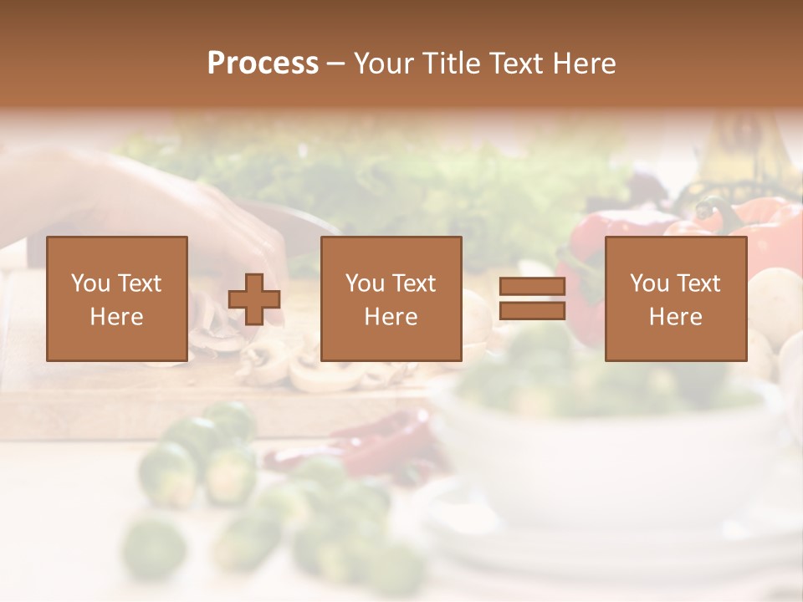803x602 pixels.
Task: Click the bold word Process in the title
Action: coord(263,64)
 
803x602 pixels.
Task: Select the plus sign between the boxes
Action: coord(254,298)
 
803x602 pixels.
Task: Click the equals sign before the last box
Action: coord(532,298)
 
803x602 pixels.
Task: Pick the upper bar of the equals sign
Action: coord(532,287)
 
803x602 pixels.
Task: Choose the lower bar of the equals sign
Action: coord(532,310)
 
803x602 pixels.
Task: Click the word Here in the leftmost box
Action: coord(117,317)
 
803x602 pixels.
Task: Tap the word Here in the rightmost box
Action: coord(676,317)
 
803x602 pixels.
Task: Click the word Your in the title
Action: coord(385,64)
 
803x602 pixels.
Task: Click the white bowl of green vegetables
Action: coord(611,435)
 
